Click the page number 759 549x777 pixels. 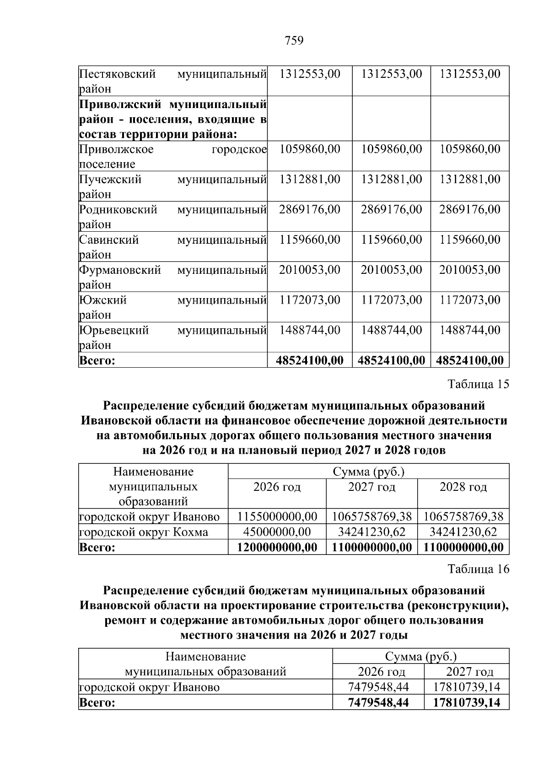point(294,41)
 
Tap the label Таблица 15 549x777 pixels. point(478,384)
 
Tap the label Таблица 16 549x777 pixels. point(478,569)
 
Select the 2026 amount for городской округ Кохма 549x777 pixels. point(277,532)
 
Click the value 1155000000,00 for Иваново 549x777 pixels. point(277,516)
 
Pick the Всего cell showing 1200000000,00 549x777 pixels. point(277,547)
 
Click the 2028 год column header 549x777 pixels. point(463,487)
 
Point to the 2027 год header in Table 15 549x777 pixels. point(371,487)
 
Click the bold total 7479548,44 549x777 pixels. point(378,702)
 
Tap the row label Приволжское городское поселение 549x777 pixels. point(172,156)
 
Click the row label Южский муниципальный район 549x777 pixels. point(172,307)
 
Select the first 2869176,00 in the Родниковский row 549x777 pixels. point(310,210)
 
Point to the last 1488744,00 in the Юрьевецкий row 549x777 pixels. point(470,330)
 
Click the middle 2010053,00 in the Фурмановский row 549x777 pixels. point(391,270)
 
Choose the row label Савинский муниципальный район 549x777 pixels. point(172,247)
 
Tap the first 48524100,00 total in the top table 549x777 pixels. point(310,360)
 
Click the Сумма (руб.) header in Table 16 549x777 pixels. point(420,657)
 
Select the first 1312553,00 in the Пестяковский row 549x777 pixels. point(310,74)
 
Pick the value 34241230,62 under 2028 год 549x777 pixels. point(463,532)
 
